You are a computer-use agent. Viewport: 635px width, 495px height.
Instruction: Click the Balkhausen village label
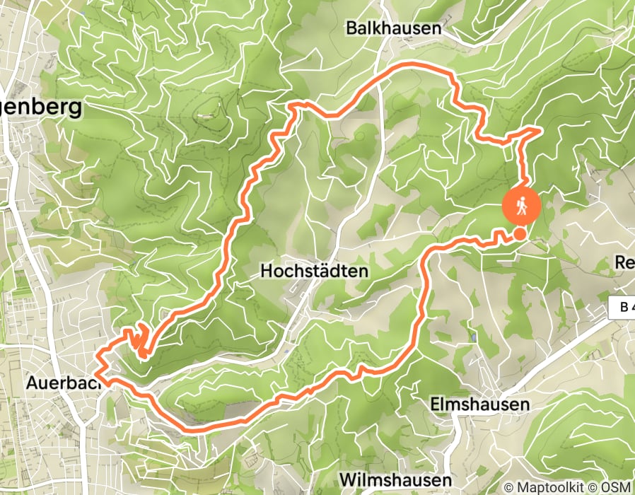pos(393,28)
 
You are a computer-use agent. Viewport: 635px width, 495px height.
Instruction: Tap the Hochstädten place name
pos(315,271)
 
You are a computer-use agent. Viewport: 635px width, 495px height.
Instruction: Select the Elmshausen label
pos(480,404)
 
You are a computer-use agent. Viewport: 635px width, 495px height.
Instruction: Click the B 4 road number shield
pos(621,307)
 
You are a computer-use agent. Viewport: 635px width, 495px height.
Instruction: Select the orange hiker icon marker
pos(522,206)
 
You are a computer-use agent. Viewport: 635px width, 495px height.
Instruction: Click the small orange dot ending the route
pos(520,234)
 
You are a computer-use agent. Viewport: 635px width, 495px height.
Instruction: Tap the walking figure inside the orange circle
pos(522,205)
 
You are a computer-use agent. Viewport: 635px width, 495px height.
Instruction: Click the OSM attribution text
pos(616,487)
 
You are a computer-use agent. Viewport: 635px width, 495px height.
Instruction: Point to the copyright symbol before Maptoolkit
pos(508,487)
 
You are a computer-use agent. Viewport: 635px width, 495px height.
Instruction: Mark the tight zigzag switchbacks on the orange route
pos(139,341)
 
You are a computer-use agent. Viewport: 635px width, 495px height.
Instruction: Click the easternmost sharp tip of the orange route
pos(541,129)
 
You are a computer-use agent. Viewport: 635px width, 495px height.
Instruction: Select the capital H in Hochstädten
pos(267,271)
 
